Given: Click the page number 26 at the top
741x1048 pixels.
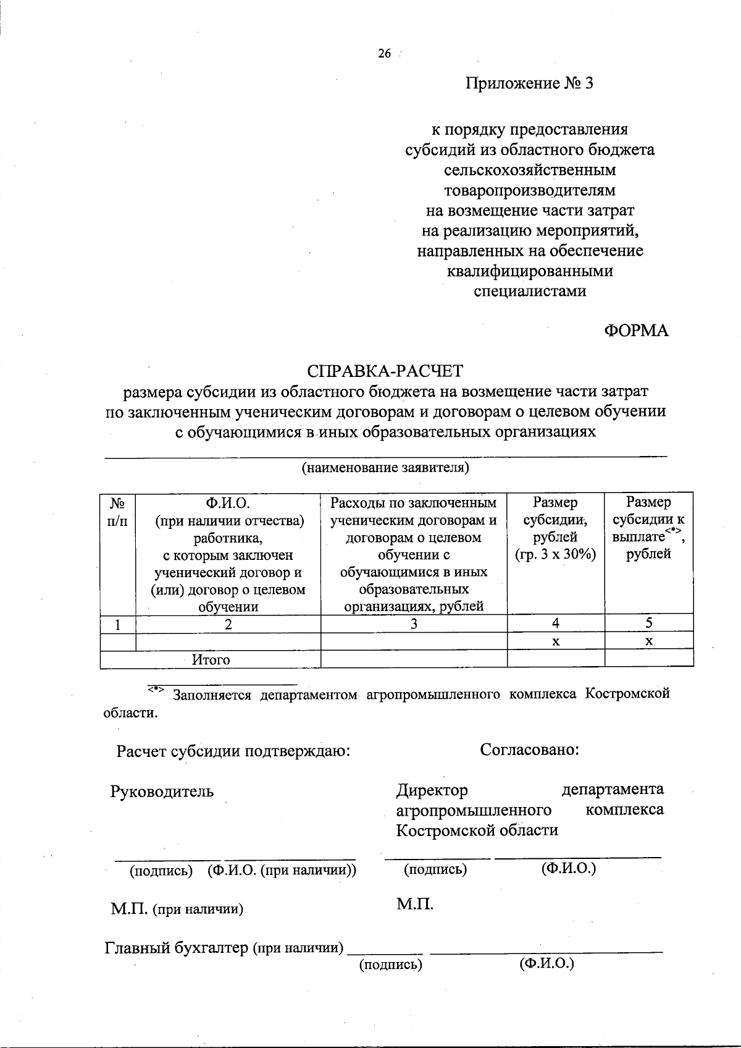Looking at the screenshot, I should (x=384, y=54).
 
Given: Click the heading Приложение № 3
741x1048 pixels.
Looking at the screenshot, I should (x=529, y=83).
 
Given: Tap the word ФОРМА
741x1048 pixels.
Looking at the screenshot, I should (x=635, y=331).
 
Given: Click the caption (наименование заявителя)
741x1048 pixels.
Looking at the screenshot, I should (x=385, y=467).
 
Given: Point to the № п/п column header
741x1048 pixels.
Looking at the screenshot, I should (x=117, y=512).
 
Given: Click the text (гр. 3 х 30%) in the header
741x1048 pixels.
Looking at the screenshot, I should (x=555, y=554).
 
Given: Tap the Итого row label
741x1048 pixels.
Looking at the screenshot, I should (x=211, y=660).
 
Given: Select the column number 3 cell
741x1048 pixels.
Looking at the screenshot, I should (x=414, y=624).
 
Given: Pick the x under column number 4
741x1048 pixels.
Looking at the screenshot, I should (x=556, y=642).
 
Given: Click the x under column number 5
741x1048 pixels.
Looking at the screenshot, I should (x=649, y=642).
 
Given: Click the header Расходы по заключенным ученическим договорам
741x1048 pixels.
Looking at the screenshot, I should (x=414, y=511).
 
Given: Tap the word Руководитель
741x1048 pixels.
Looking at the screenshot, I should (x=162, y=792).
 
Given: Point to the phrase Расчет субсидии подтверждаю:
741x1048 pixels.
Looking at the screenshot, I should (x=233, y=752).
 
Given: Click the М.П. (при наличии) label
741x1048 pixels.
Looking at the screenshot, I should (x=177, y=909).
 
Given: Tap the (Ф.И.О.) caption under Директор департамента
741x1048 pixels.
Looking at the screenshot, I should (x=568, y=869).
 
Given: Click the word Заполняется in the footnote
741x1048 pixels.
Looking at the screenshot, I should (x=212, y=695).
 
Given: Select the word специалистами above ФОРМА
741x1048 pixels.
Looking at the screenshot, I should (x=529, y=291).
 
